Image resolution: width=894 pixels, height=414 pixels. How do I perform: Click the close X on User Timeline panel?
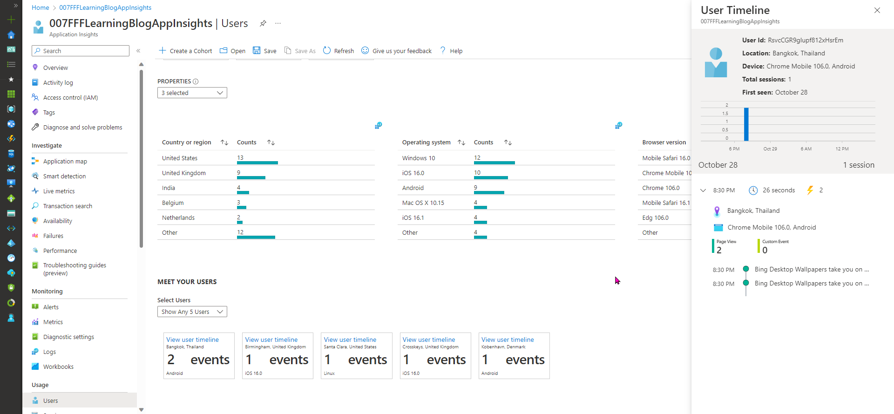(877, 10)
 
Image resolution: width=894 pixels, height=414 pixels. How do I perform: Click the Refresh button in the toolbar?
(339, 51)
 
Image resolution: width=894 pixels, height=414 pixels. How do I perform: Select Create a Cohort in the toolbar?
(186, 51)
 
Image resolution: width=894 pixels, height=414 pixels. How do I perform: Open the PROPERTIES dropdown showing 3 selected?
(192, 93)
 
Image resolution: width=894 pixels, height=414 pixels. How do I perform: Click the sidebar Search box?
(81, 51)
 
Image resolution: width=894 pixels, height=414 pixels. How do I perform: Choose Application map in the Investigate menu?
(65, 161)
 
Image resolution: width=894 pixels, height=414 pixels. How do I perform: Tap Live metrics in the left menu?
(59, 191)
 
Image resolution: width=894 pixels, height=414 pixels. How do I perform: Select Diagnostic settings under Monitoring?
(68, 337)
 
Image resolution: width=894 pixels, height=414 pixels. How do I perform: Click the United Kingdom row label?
(183, 173)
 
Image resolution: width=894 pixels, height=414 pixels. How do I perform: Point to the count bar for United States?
(257, 163)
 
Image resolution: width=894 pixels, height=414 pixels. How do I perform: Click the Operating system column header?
(426, 142)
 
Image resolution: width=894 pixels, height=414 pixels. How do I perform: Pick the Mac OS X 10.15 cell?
(423, 203)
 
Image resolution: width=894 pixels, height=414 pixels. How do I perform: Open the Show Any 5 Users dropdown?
(192, 312)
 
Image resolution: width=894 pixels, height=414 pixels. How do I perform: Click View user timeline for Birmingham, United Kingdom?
(271, 339)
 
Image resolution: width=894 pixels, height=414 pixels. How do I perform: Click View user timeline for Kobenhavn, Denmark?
(508, 339)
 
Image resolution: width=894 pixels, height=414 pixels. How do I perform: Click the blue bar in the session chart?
(746, 124)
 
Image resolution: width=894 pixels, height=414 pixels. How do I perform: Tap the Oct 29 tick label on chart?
(770, 149)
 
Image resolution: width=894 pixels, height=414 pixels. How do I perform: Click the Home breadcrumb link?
(41, 7)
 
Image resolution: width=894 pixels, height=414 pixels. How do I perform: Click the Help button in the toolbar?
(451, 51)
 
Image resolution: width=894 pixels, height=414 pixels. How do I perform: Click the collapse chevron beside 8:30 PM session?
(703, 190)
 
